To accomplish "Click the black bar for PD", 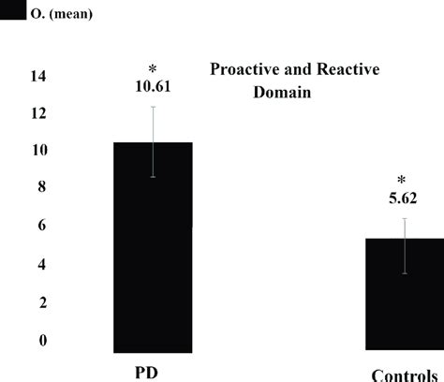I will (153, 245).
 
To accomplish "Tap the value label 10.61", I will (153, 87).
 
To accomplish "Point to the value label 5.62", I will (403, 198).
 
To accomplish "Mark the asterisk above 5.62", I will (403, 181).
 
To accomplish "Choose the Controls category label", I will (404, 375).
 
